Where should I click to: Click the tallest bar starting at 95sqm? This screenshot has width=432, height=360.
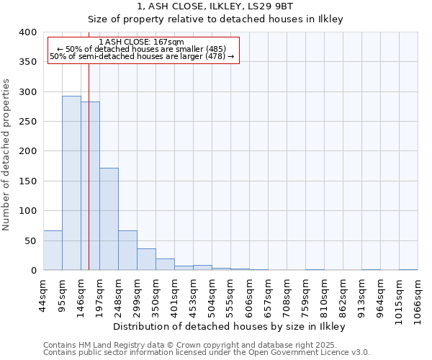(71, 183)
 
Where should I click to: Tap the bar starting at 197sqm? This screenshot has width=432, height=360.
(109, 219)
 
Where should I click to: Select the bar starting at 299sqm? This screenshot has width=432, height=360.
(146, 259)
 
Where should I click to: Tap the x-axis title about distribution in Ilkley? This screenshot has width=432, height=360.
(230, 326)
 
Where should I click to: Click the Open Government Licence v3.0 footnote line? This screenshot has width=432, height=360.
(207, 352)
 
